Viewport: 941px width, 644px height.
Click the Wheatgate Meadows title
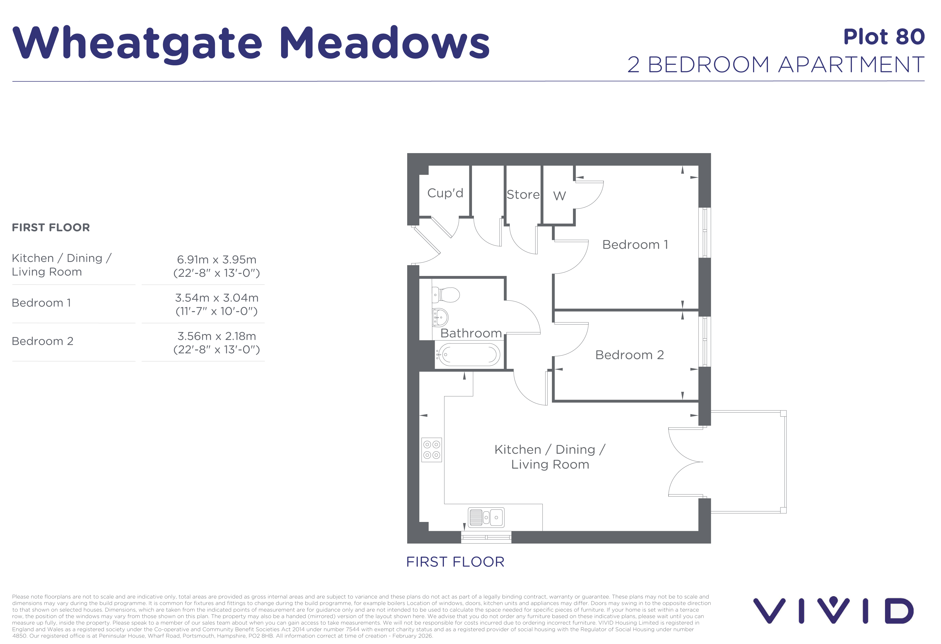[x=251, y=44]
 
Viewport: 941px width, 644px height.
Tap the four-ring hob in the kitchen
[x=432, y=450]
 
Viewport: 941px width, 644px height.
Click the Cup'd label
[x=445, y=193]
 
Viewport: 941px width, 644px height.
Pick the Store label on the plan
[x=523, y=195]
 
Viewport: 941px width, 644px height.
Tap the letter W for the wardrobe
[x=559, y=196]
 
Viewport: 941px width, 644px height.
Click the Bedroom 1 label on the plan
[x=635, y=245]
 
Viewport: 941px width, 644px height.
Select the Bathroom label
[x=471, y=333]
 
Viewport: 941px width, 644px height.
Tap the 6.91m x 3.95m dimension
[x=217, y=260]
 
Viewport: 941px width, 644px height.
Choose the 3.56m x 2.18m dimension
[x=217, y=336]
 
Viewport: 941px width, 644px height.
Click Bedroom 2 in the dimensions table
[x=42, y=341]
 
